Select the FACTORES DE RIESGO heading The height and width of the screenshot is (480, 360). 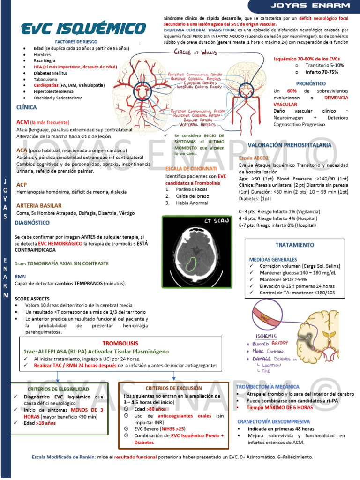[76, 42]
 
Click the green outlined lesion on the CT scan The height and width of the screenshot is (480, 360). [191, 264]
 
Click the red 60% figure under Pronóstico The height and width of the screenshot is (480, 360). [292, 90]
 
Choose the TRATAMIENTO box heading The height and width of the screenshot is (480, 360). [294, 245]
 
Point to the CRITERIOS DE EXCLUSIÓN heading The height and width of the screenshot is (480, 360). [173, 388]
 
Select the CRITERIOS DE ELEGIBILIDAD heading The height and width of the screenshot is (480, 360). [58, 389]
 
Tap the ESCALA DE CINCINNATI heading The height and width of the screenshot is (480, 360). [191, 168]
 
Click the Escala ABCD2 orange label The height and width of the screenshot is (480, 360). [253, 158]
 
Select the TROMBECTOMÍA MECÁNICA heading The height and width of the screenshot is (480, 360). [268, 387]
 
